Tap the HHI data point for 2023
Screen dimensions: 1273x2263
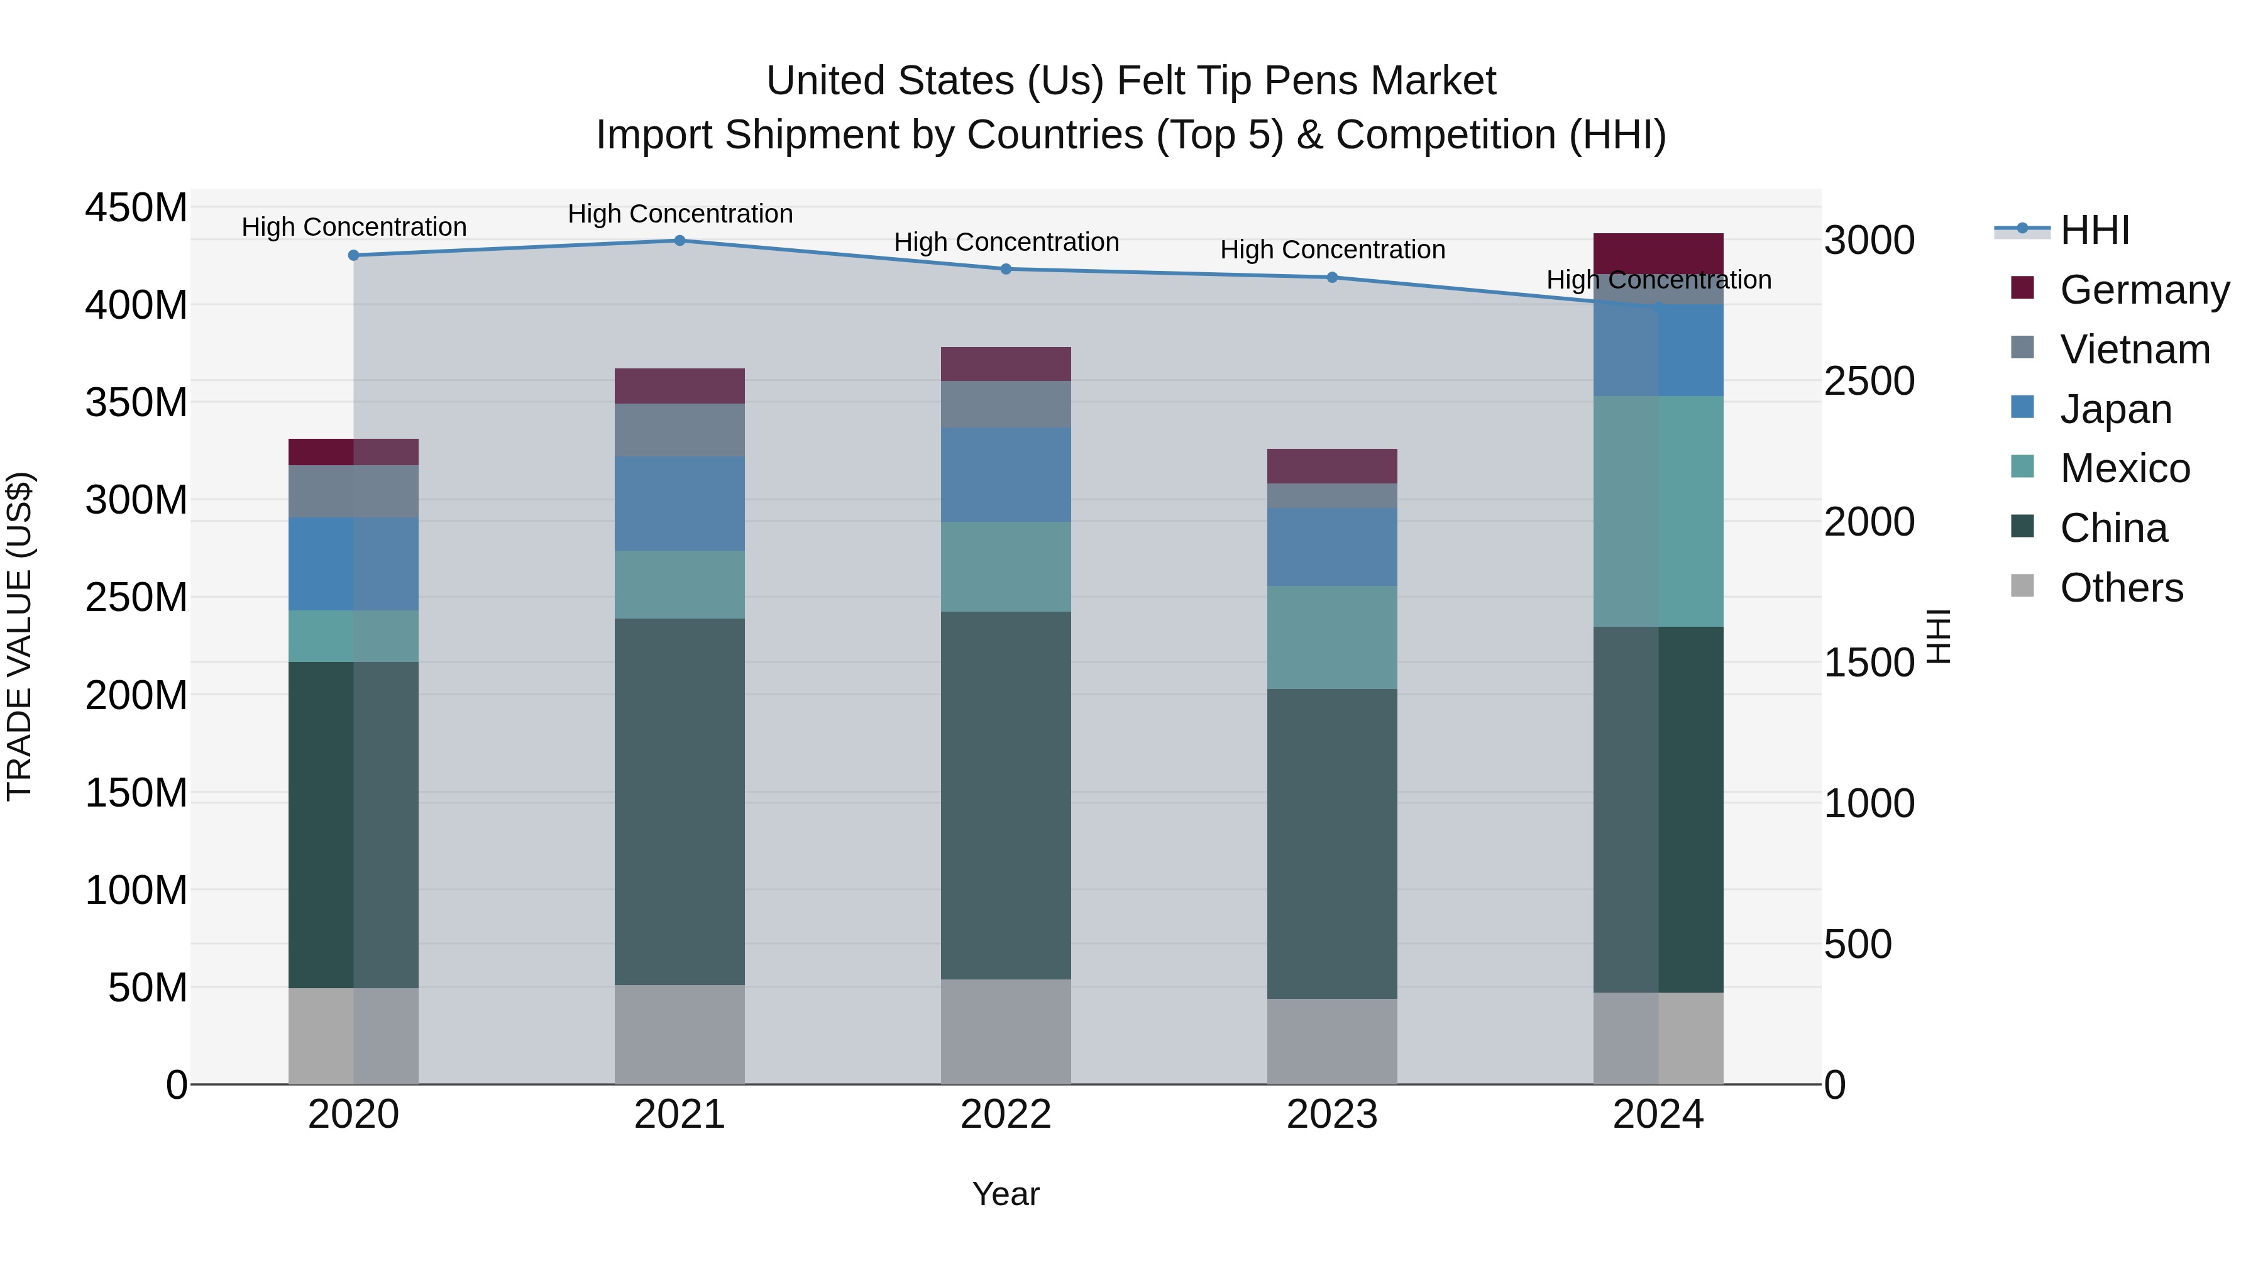(1332, 278)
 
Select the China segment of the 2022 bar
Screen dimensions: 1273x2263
(1006, 795)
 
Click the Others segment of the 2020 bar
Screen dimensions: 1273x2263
(353, 1036)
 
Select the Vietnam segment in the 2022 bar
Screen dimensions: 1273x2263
(1006, 404)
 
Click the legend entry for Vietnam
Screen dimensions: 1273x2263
(2134, 350)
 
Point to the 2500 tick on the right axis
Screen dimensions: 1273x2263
(1869, 382)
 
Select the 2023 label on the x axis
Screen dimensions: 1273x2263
(1332, 1115)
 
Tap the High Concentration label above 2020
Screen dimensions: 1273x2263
(353, 227)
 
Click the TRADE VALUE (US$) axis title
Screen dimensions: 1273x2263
(19, 636)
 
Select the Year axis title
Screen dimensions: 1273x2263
(1005, 1194)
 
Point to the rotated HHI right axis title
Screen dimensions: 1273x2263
(1938, 636)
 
